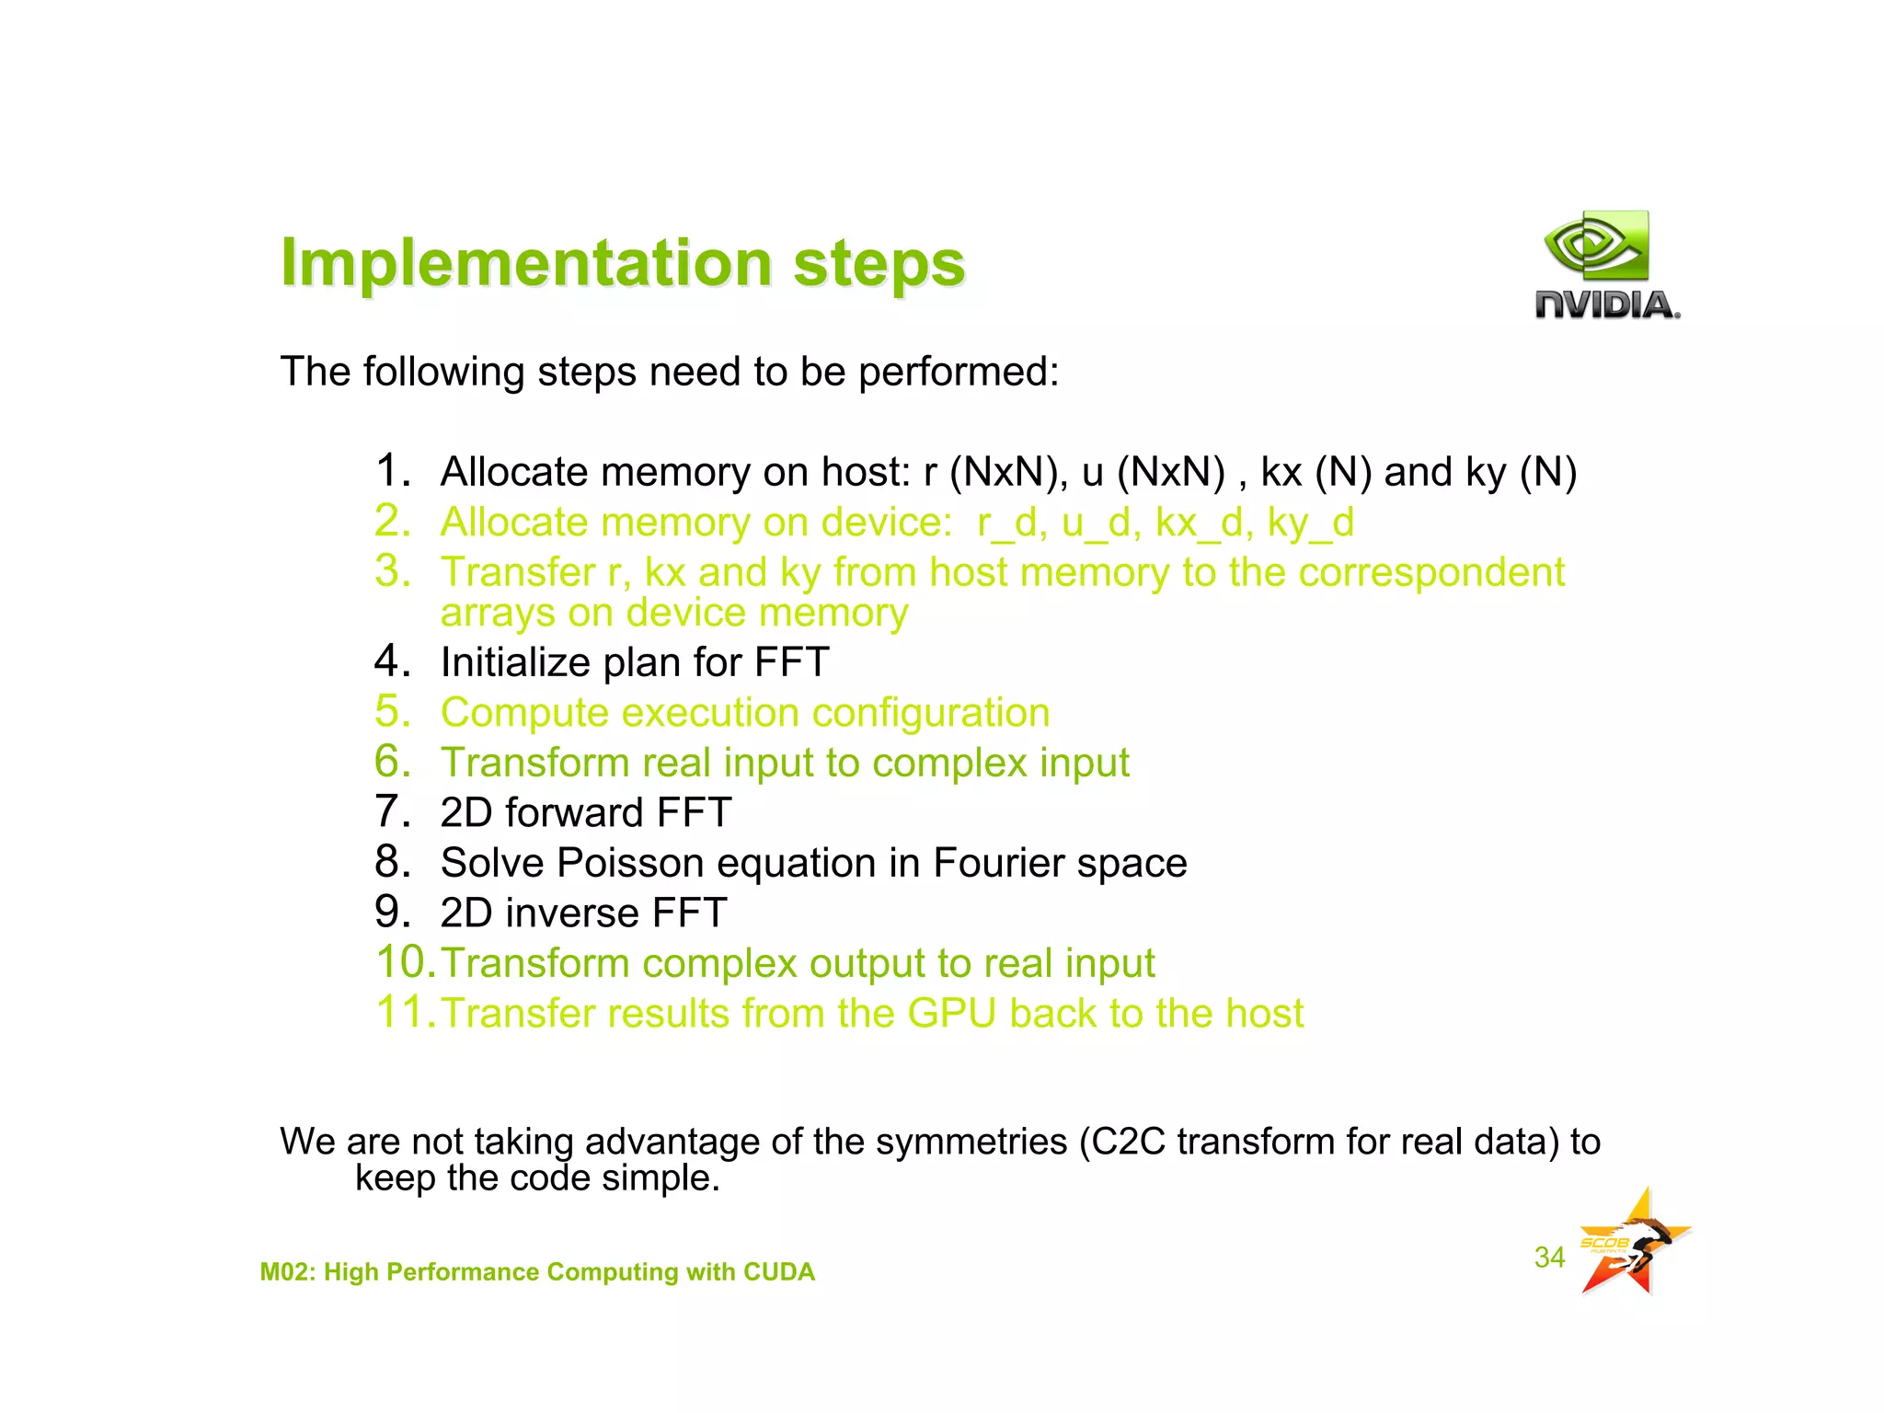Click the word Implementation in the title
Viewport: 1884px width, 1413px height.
click(x=526, y=263)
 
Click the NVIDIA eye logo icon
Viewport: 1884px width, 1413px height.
click(x=1596, y=246)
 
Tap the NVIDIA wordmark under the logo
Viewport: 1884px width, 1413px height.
click(x=1606, y=304)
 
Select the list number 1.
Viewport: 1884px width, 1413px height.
click(x=393, y=471)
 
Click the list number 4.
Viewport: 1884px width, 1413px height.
click(x=393, y=661)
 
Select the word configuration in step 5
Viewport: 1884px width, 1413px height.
click(x=930, y=713)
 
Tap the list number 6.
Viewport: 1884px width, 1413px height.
click(x=393, y=762)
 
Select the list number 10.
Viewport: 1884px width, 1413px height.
click(x=406, y=963)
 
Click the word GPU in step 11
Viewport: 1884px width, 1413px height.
click(x=951, y=1014)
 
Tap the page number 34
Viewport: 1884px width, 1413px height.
click(x=1549, y=1257)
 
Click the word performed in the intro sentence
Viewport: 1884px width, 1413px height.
click(x=957, y=373)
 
